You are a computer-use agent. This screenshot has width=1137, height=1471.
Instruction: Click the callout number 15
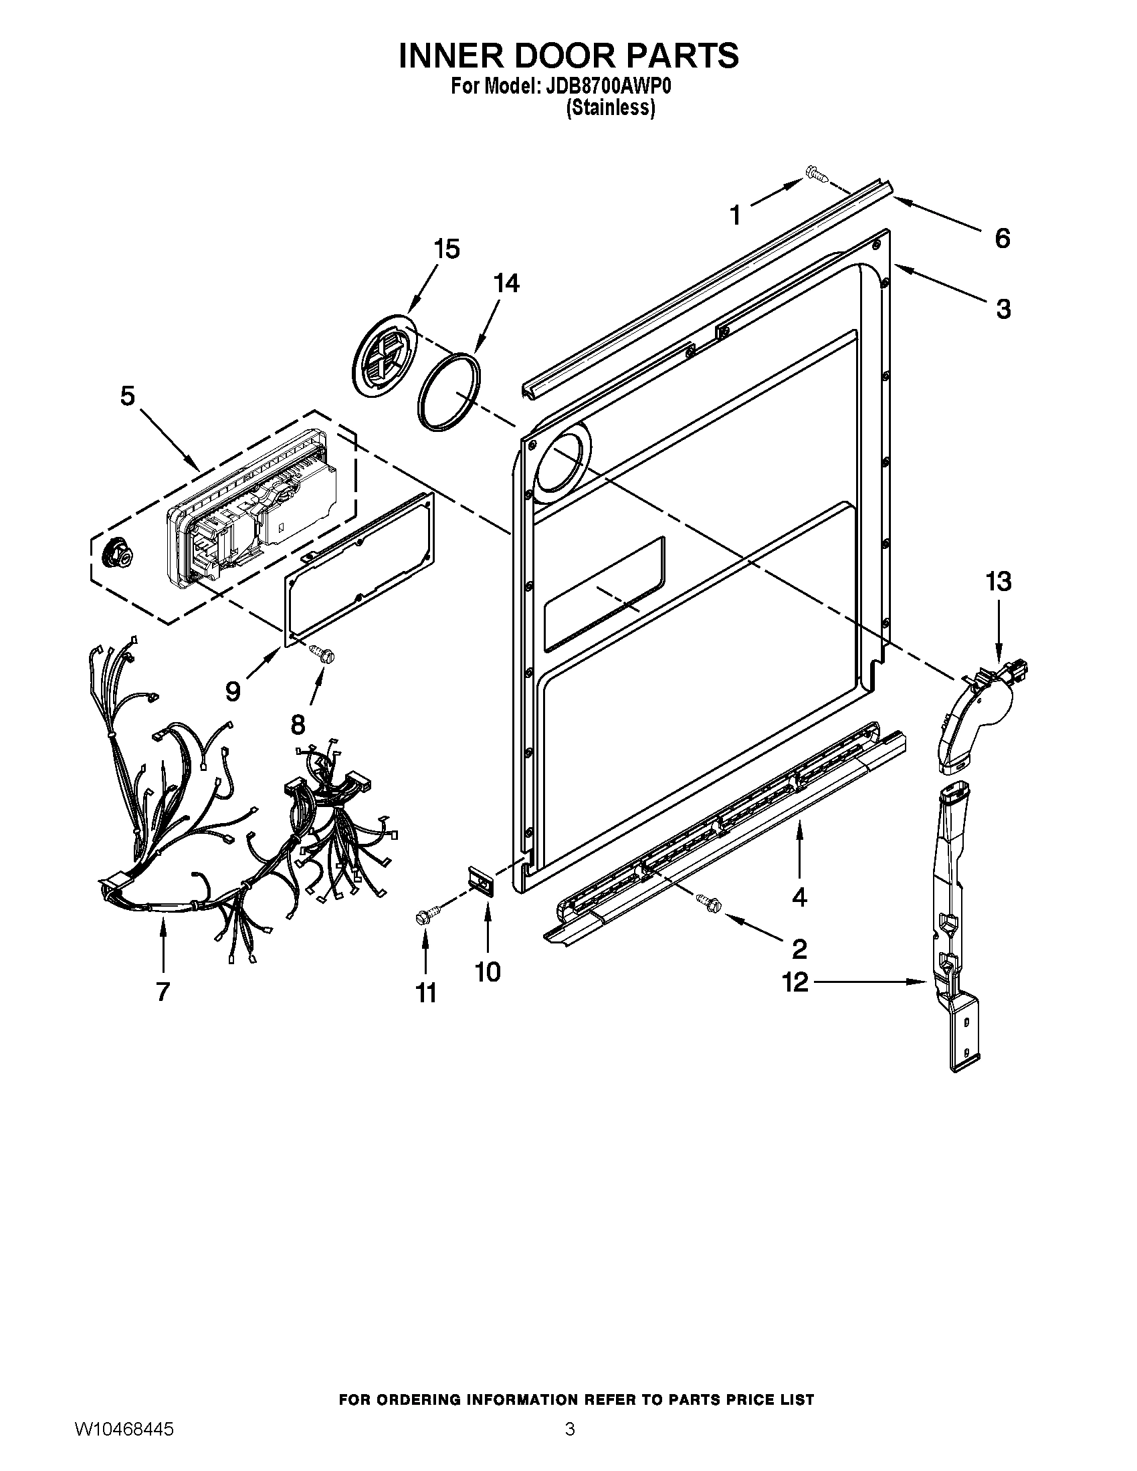tap(446, 249)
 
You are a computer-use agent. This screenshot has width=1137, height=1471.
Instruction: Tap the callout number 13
tap(999, 580)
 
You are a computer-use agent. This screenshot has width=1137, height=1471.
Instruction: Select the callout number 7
tap(163, 992)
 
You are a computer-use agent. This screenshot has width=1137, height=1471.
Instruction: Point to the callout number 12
tap(795, 982)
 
